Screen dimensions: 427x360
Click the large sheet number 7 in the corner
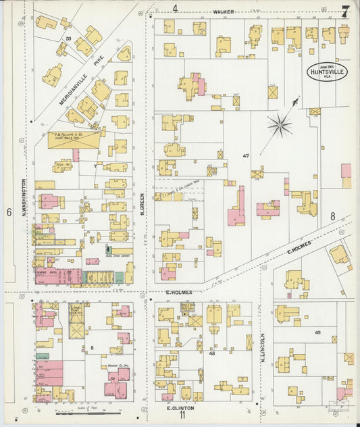pyautogui.click(x=345, y=11)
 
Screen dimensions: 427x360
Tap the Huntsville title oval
pyautogui.click(x=327, y=71)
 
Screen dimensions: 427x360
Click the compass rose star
pyautogui.click(x=279, y=124)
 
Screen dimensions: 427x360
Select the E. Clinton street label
pyautogui.click(x=180, y=408)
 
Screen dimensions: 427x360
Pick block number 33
pyautogui.click(x=68, y=39)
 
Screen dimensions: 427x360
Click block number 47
pyautogui.click(x=247, y=155)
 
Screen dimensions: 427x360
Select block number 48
pyautogui.click(x=211, y=353)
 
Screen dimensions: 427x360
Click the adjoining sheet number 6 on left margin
pyautogui.click(x=9, y=212)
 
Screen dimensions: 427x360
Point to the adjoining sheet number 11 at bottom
pyautogui.click(x=182, y=416)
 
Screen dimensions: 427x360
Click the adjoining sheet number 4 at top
pyautogui.click(x=175, y=9)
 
